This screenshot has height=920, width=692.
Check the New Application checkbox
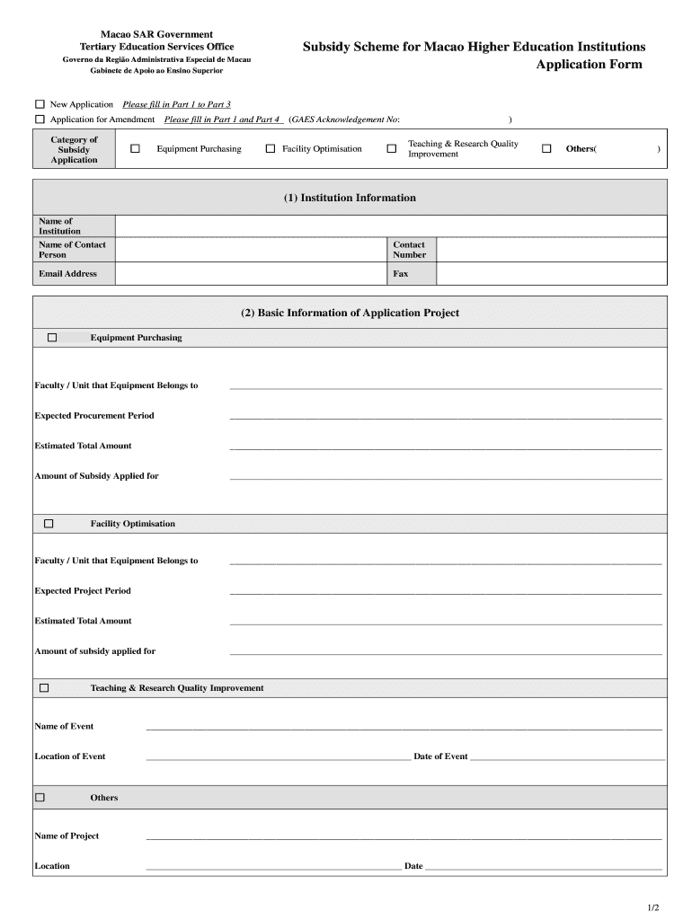click(40, 105)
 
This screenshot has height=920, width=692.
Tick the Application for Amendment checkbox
click(40, 119)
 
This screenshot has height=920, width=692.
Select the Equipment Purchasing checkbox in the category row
click(136, 149)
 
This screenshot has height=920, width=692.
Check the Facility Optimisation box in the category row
click(271, 149)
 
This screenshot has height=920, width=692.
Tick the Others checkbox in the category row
click(546, 149)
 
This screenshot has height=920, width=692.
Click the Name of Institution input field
click(391, 226)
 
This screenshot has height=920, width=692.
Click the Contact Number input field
click(551, 250)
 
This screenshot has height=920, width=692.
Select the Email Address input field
click(251, 274)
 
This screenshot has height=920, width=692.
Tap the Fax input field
click(551, 274)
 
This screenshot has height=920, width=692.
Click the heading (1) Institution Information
click(350, 198)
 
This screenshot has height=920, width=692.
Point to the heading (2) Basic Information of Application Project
click(350, 314)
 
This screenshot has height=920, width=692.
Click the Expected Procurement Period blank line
click(446, 415)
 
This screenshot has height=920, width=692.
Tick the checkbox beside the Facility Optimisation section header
click(49, 524)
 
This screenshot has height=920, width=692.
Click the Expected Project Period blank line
click(446, 590)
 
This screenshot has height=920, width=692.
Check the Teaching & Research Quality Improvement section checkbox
click(43, 688)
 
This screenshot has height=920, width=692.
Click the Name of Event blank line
click(404, 726)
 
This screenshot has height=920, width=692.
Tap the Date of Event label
click(440, 756)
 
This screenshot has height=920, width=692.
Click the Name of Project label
click(67, 836)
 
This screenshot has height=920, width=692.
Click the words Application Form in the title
click(589, 65)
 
